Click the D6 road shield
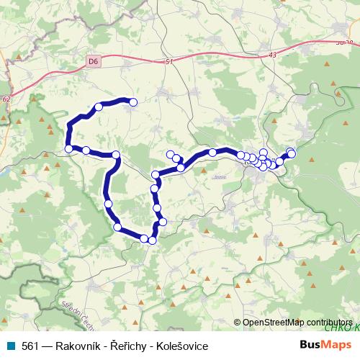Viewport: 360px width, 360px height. click(x=93, y=63)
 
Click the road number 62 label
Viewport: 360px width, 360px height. click(x=6, y=97)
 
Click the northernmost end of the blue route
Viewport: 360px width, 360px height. click(x=132, y=102)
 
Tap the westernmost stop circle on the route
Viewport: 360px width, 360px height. click(x=68, y=148)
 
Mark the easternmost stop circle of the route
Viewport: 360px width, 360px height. click(x=292, y=153)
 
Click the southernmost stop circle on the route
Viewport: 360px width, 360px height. click(x=152, y=240)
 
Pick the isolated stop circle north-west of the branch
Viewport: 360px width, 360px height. click(x=171, y=153)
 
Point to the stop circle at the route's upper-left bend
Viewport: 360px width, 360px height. click(x=99, y=108)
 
